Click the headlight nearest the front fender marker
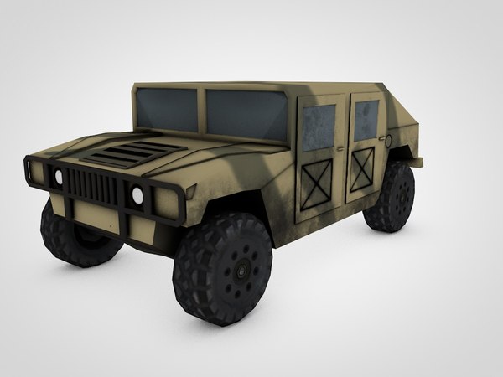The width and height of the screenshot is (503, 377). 137,196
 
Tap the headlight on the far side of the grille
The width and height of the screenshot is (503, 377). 58,176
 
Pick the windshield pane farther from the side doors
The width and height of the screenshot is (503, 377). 169,109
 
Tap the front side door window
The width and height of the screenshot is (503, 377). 319,127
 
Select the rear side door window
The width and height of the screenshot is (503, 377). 366,121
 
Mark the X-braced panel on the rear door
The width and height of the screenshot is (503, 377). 364,170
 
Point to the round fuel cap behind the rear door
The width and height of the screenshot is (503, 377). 387,137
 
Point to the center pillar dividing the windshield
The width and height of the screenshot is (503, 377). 201,111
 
